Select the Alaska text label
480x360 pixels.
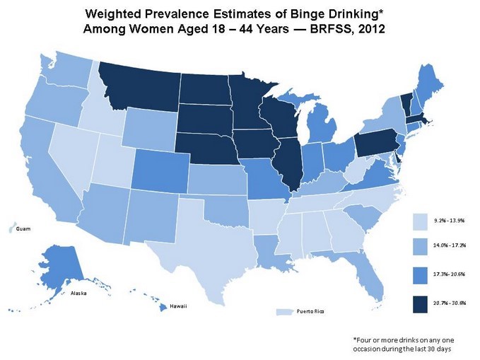(x=79, y=293)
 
